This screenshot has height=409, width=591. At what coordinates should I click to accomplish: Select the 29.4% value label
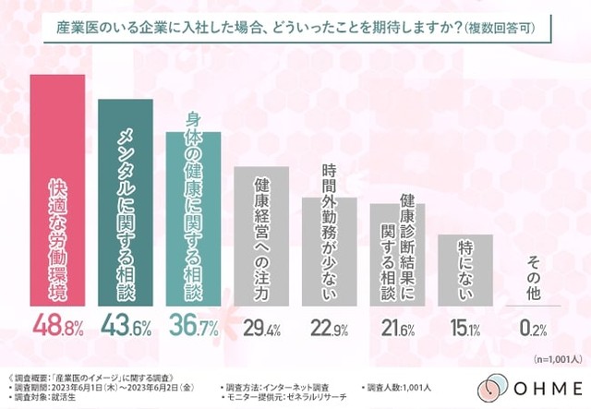261,328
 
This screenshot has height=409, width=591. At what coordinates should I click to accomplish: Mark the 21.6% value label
397,328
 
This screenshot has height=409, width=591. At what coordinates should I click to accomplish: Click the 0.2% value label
532,328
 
